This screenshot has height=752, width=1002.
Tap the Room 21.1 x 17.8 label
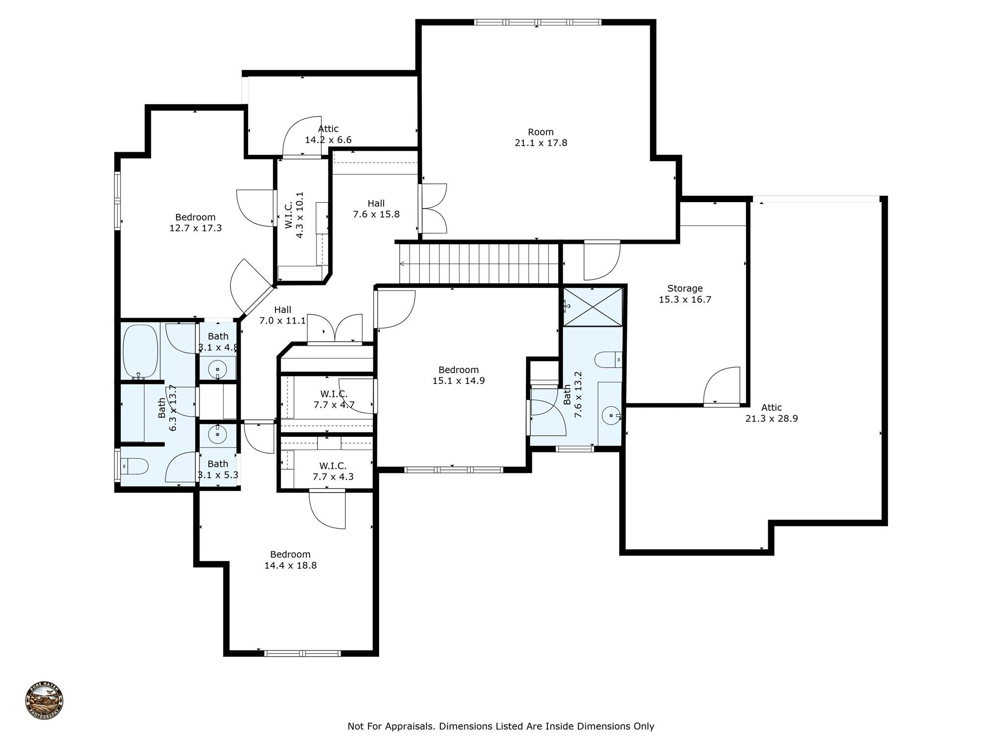tap(541, 138)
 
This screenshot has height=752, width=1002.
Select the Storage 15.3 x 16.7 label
tap(685, 294)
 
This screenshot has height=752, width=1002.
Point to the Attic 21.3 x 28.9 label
tap(772, 413)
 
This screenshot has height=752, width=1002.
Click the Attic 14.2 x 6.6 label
tap(328, 134)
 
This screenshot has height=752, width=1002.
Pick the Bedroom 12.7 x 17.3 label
tap(196, 222)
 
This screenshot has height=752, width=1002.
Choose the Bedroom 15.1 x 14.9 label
tap(458, 375)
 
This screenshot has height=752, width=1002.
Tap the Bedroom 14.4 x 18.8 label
tap(291, 560)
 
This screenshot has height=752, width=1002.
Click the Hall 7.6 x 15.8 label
tap(376, 209)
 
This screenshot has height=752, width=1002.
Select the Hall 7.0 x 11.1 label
tap(282, 315)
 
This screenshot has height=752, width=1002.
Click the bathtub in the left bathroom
tap(140, 351)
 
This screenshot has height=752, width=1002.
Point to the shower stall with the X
tap(592, 306)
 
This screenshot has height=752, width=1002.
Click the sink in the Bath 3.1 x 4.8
tap(217, 368)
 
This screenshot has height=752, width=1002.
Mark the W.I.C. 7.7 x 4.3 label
tap(333, 471)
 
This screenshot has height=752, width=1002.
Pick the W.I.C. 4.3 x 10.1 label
tap(294, 215)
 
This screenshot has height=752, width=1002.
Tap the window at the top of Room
tap(538, 22)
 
